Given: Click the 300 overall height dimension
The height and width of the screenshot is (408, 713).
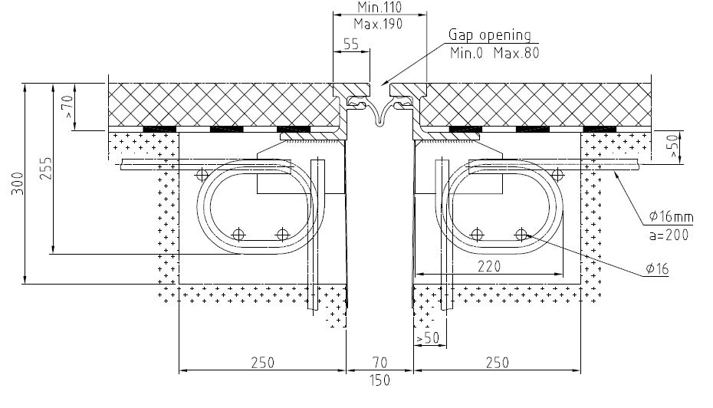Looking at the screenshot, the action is click(18, 183).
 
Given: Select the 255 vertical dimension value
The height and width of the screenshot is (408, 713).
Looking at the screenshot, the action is click(46, 168).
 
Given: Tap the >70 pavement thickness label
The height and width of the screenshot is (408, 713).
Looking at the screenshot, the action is click(67, 107).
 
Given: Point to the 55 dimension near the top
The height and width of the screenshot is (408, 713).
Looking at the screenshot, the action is click(351, 44).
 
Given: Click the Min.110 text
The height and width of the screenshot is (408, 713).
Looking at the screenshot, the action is click(379, 7).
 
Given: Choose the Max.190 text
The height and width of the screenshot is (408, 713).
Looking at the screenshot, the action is click(378, 24).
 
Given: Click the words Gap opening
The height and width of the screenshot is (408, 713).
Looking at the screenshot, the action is click(490, 35).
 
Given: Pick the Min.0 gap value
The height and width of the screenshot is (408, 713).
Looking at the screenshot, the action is click(467, 53).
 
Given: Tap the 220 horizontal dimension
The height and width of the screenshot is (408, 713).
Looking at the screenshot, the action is click(489, 266).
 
